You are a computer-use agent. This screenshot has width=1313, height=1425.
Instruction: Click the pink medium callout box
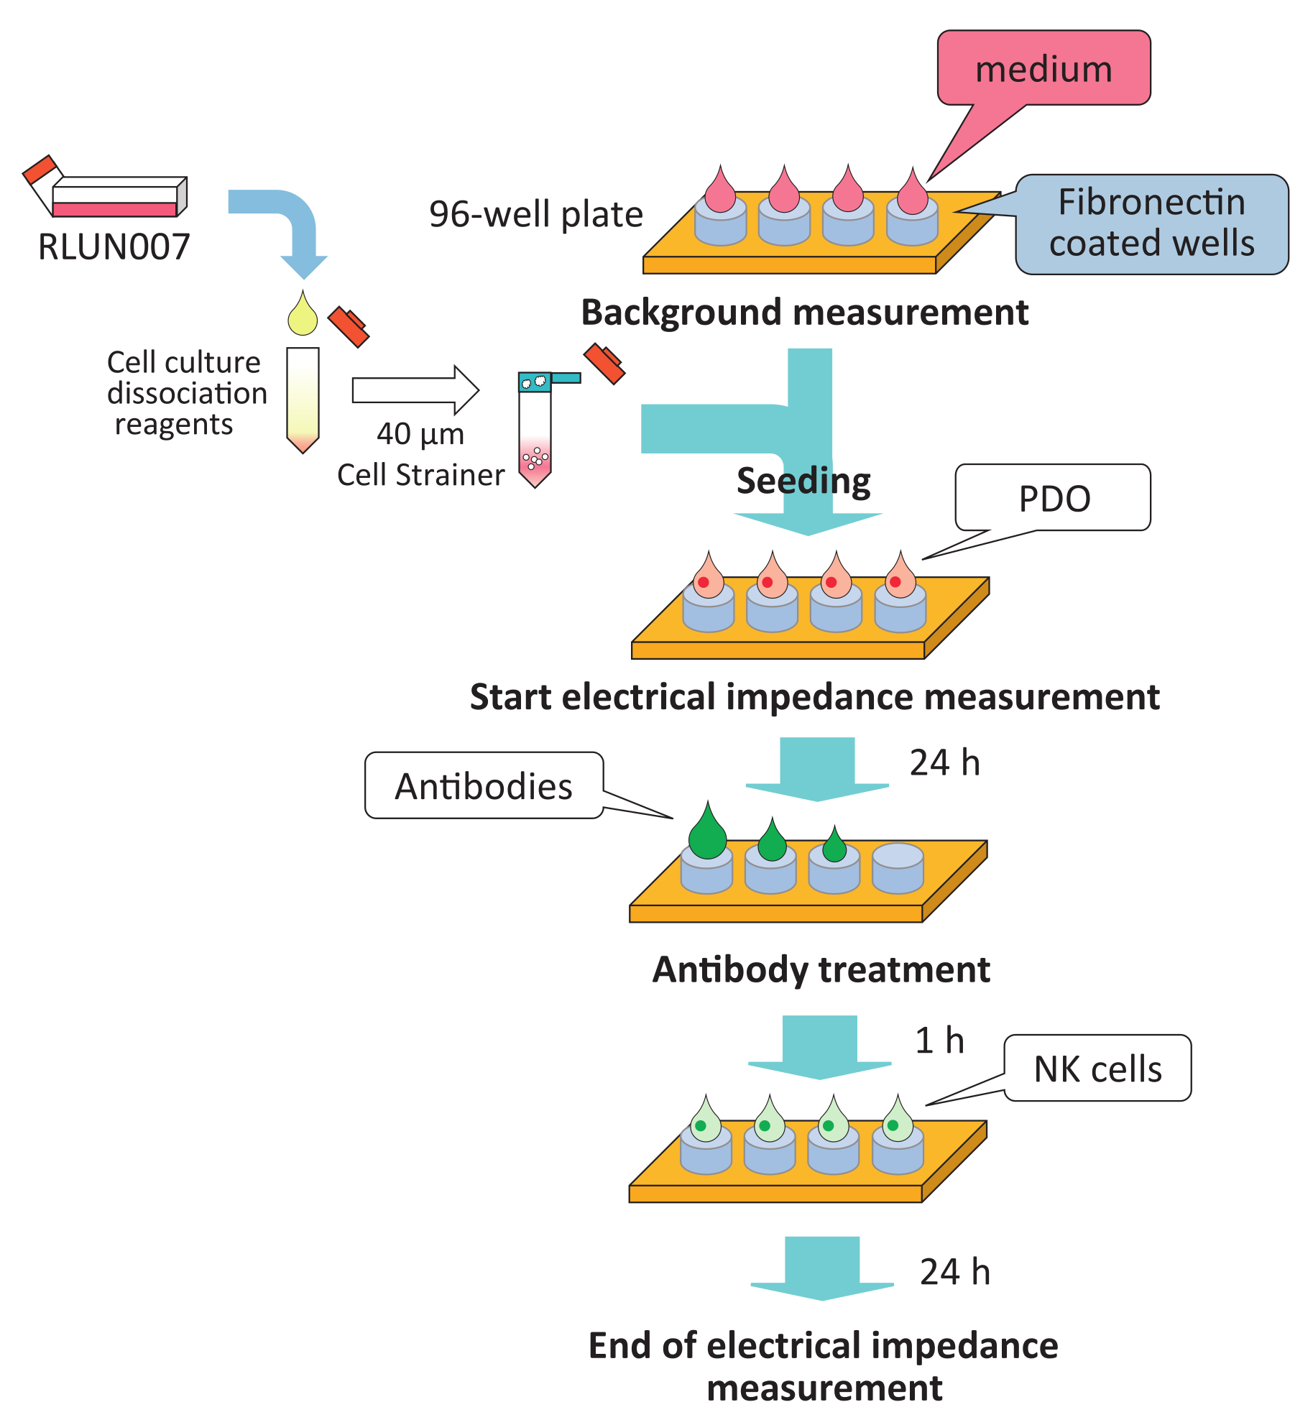[x=1044, y=68]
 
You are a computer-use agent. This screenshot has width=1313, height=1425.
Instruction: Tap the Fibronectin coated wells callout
[x=1151, y=223]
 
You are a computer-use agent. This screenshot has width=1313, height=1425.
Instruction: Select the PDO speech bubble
[x=1054, y=498]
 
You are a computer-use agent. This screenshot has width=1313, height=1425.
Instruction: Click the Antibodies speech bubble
[x=484, y=785]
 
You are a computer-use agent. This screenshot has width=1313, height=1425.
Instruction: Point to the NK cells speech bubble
[x=1097, y=1069]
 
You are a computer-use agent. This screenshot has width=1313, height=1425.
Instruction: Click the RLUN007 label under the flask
[x=114, y=247]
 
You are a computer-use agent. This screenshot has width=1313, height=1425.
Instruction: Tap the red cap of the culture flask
[x=39, y=170]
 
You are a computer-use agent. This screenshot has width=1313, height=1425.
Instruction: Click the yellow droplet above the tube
[x=303, y=315]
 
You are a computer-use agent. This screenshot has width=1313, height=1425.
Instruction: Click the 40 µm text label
[x=420, y=434]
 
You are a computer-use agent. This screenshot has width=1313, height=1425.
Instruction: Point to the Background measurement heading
[x=804, y=313]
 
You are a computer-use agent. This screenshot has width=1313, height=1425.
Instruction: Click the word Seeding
[x=803, y=481]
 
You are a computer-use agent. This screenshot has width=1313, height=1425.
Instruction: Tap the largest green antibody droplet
[x=708, y=834]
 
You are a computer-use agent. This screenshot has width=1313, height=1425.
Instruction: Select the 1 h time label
[x=939, y=1041]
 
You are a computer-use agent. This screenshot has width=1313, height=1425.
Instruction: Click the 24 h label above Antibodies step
[x=944, y=762]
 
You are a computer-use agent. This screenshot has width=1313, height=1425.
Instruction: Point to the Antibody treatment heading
[x=821, y=969]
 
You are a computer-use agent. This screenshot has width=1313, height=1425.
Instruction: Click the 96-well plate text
[x=535, y=214]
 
